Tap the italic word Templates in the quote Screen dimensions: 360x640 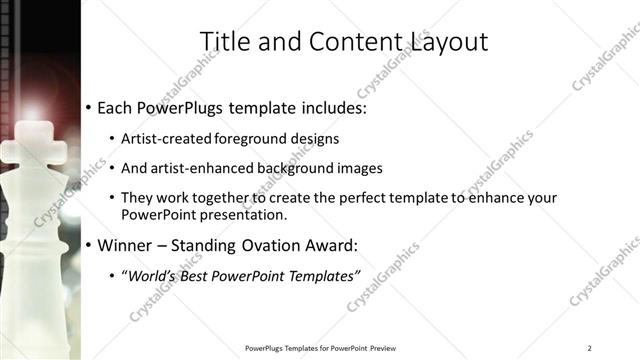click(x=321, y=274)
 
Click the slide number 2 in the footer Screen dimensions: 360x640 click(x=589, y=348)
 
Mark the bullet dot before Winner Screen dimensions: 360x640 click(x=89, y=245)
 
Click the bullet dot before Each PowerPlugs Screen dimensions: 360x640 click(x=89, y=107)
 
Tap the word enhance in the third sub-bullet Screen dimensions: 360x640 click(x=494, y=198)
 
